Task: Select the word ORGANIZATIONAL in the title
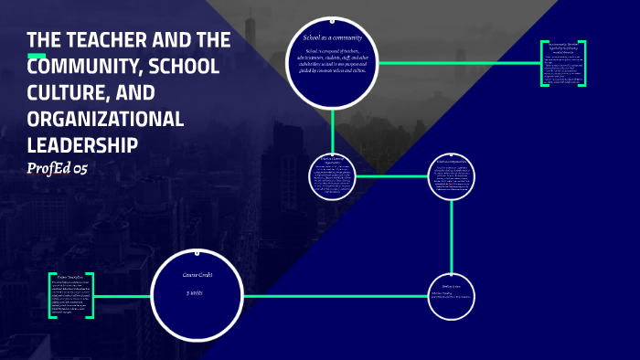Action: click(x=106, y=120)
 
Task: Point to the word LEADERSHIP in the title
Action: click(x=82, y=146)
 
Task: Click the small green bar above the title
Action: click(x=37, y=56)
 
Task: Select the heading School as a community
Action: click(x=333, y=37)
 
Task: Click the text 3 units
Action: click(x=194, y=293)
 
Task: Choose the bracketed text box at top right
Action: click(x=562, y=63)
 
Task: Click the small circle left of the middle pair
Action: click(x=333, y=175)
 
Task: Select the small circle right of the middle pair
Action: click(x=453, y=176)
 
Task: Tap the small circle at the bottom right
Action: click(x=453, y=297)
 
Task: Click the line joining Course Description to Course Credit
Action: click(x=124, y=296)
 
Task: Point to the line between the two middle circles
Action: click(x=393, y=176)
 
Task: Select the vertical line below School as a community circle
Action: click(x=333, y=127)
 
